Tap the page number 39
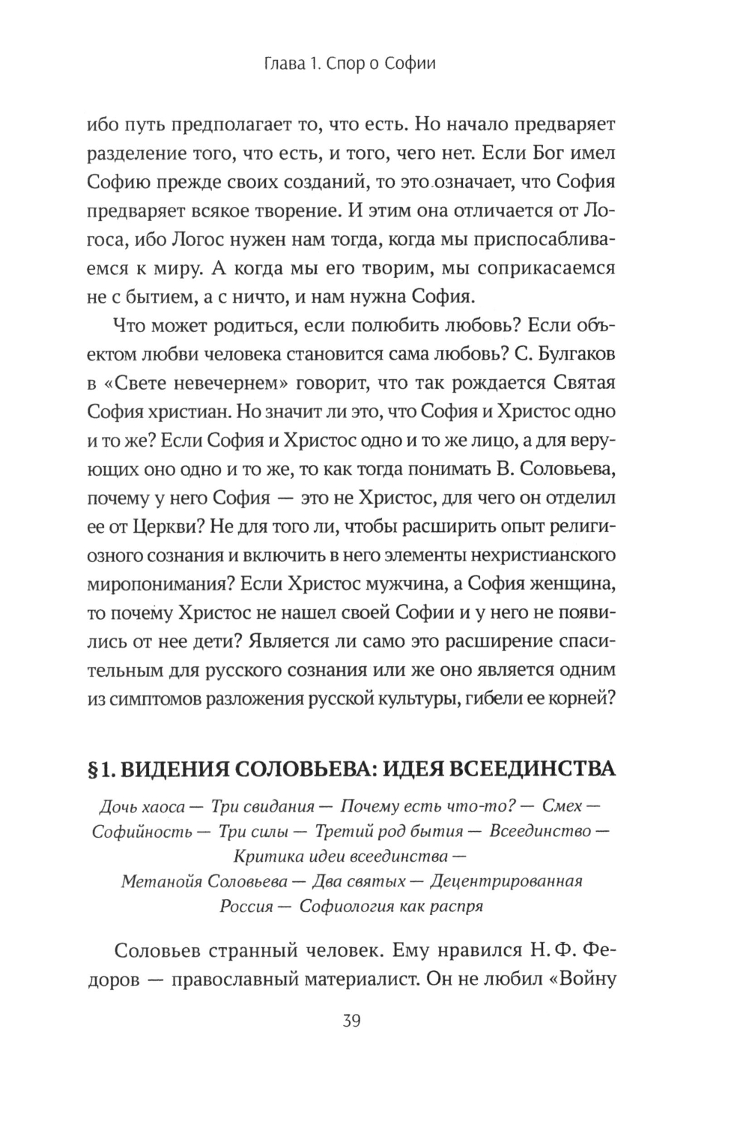(351, 1021)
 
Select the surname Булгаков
(573, 352)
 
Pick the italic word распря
(455, 905)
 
